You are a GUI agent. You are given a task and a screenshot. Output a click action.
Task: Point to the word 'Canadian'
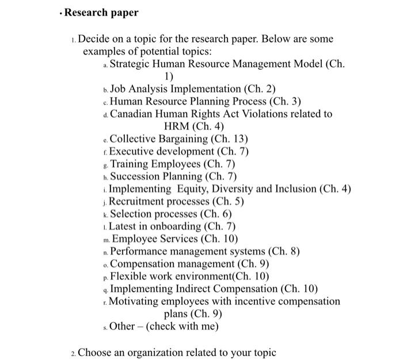pos(132,114)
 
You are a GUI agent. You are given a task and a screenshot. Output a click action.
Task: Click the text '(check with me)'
pos(182,326)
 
